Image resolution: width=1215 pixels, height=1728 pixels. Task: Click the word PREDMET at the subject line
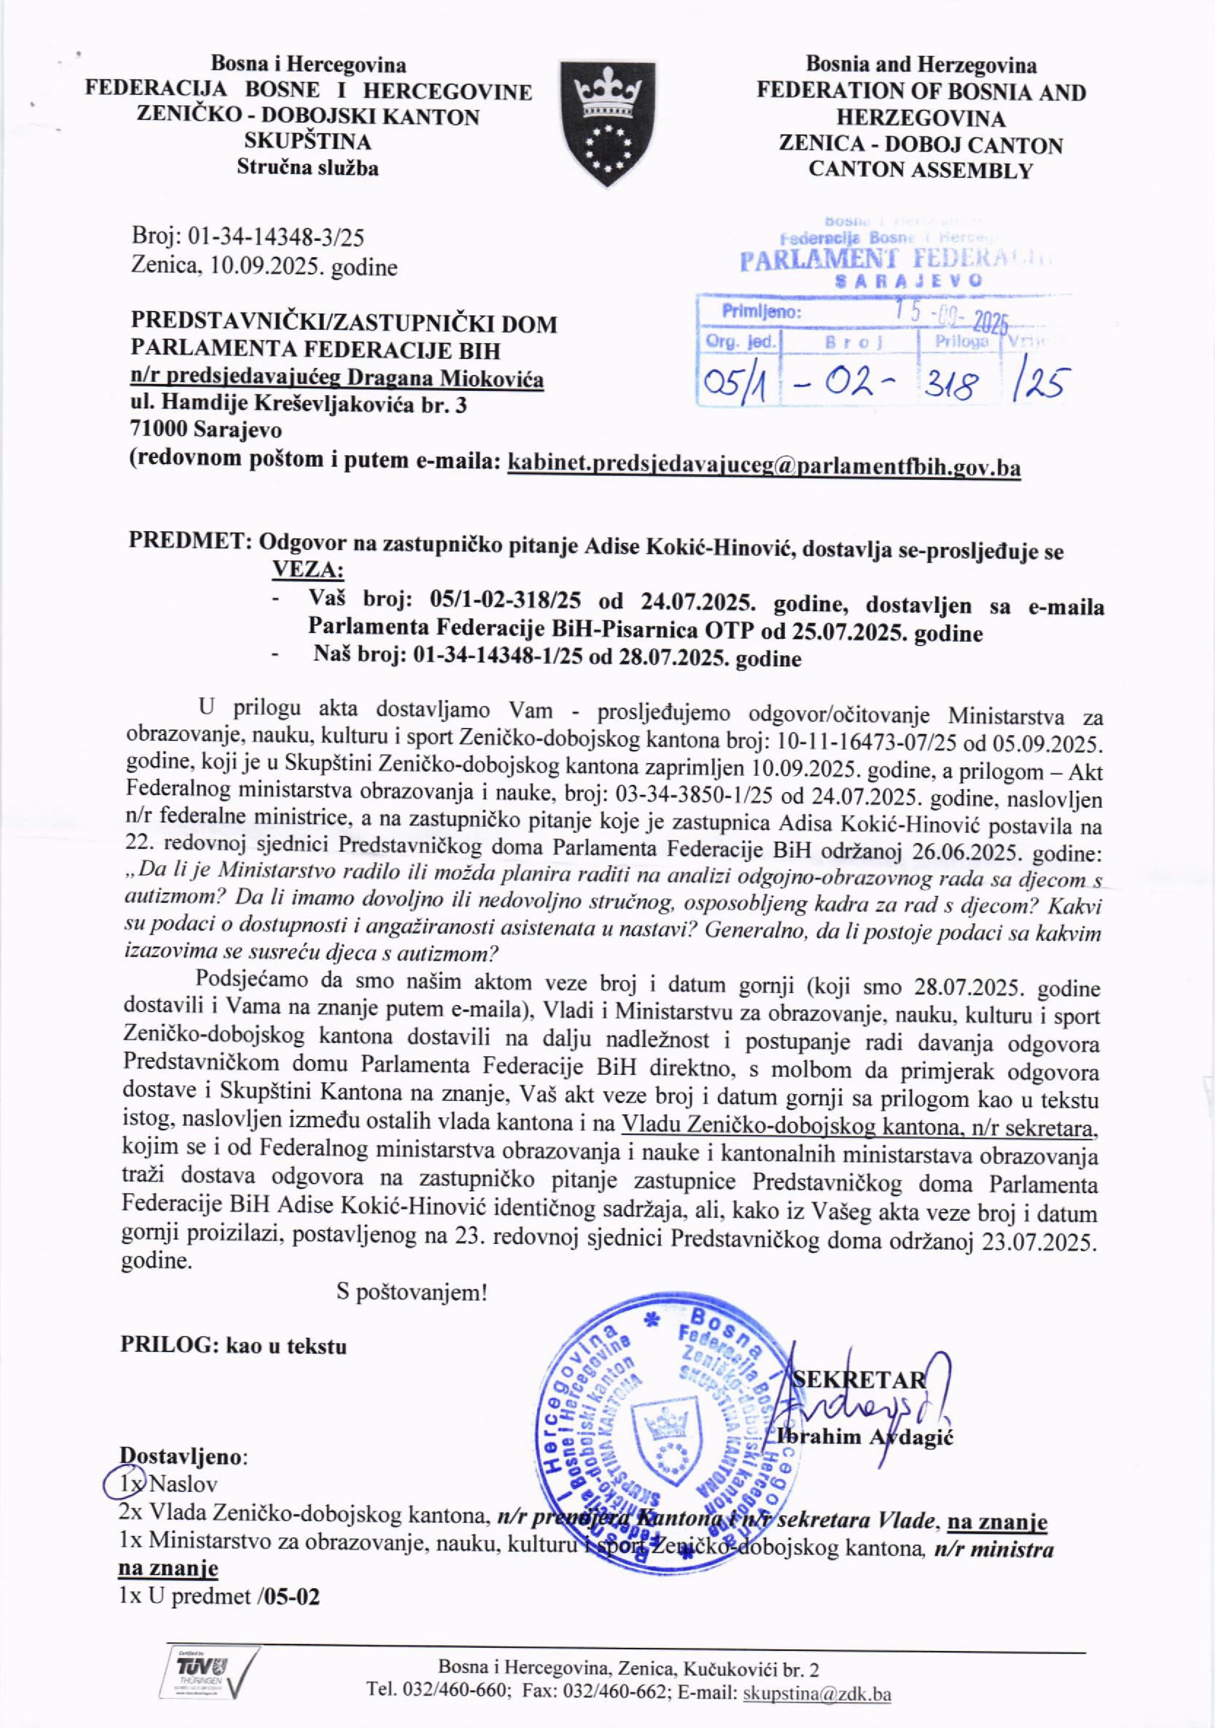188,541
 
